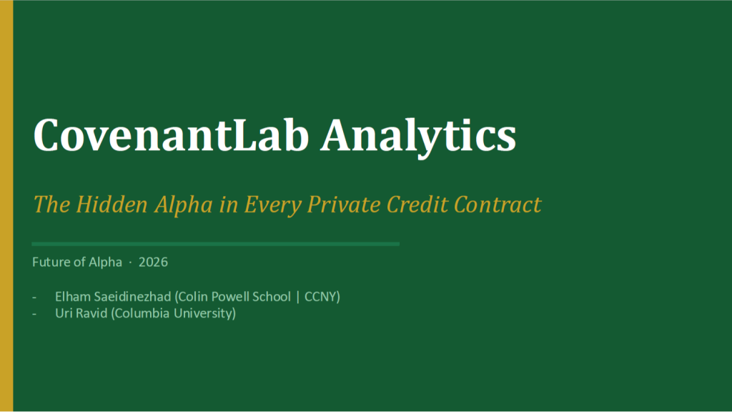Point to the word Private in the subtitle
344,205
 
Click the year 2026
153,263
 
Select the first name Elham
71,296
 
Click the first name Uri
63,313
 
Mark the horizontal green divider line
215,244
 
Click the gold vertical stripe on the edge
6,206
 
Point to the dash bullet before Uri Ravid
35,313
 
